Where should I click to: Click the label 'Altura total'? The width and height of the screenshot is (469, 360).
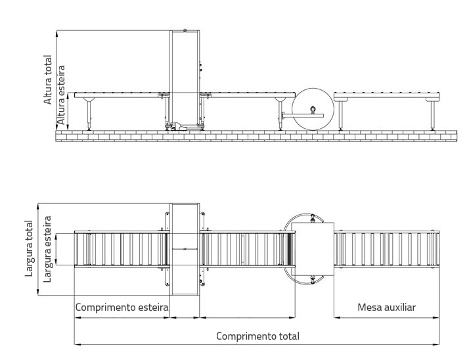coord(48,79)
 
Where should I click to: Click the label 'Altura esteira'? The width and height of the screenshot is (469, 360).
coord(61,95)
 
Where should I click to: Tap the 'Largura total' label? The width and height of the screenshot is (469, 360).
coord(29,248)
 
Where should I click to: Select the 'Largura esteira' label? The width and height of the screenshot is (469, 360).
coord(47,249)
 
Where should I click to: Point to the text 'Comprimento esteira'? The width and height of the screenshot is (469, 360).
coord(122,307)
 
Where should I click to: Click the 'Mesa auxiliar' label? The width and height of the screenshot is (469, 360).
coord(386,307)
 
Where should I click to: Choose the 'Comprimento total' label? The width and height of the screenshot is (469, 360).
coord(257,336)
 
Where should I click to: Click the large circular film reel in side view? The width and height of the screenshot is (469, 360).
coord(313,109)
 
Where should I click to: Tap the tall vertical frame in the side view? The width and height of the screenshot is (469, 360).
coord(185,79)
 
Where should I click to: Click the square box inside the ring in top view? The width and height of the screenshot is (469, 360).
coord(313,249)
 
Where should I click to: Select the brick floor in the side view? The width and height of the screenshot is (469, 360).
coord(256,135)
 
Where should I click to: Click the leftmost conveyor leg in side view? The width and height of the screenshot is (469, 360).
coord(89,114)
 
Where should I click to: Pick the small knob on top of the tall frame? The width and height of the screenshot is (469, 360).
coord(185,30)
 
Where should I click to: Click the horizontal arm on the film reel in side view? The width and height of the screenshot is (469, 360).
coord(303,116)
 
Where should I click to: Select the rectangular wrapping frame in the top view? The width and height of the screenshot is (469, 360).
coord(185,249)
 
